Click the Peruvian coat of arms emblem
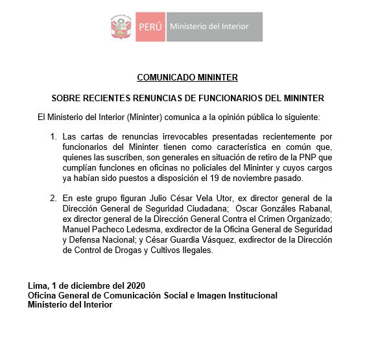pos(121,27)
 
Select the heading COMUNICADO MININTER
pos(187,78)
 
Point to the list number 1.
pos(53,138)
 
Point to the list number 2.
pos(53,198)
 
